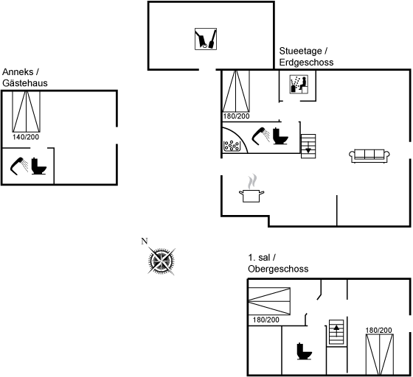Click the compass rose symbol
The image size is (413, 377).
tap(162, 261)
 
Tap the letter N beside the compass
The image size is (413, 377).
tap(145, 241)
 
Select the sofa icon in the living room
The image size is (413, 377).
tap(369, 156)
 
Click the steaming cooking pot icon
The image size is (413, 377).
tap(251, 188)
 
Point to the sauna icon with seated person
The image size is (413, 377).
tap(299, 84)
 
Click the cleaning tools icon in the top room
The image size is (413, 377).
tap(206, 39)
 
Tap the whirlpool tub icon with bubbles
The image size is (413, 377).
tap(232, 145)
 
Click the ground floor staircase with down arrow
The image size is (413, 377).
tap(308, 147)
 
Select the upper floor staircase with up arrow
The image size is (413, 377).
tap(336, 332)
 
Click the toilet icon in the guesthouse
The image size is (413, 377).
tap(38, 166)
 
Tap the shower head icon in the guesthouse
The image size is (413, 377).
tap(19, 166)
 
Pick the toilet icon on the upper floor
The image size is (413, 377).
tap(304, 351)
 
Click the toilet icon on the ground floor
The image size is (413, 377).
tap(280, 136)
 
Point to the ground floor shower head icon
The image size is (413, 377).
tap(261, 136)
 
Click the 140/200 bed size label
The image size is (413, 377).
tap(26, 137)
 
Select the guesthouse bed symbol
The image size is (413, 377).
tap(27, 111)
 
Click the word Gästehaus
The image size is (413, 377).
tap(25, 83)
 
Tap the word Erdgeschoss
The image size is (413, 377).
tap(306, 63)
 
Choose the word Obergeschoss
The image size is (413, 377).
tap(278, 269)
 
